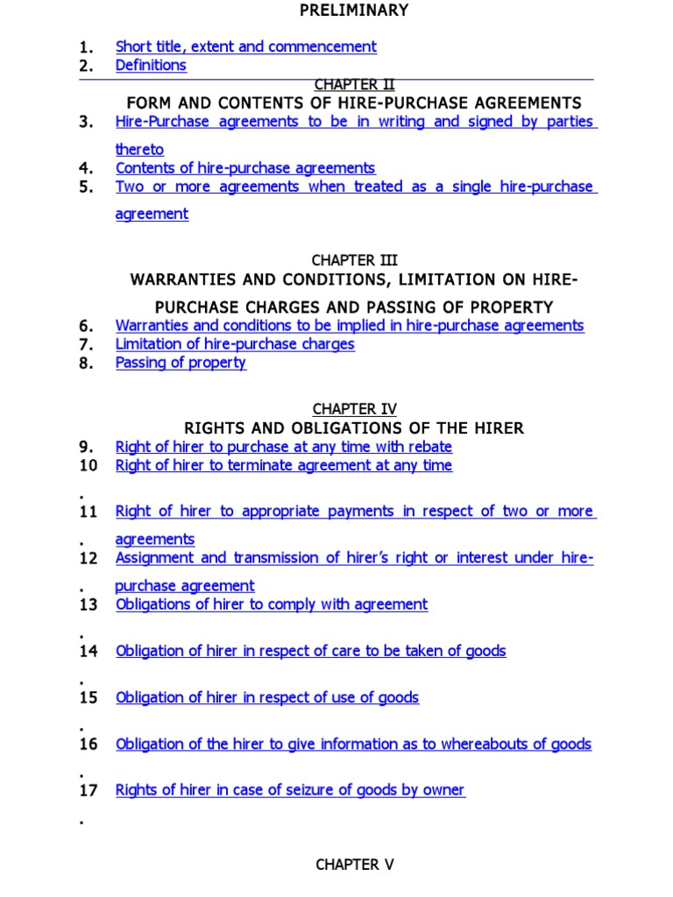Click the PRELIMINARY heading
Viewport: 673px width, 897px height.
354,11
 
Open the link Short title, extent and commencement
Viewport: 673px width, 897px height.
246,47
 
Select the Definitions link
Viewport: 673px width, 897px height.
151,66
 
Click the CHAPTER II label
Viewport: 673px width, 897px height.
354,85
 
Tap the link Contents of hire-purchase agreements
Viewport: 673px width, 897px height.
245,168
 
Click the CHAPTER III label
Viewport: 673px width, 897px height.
354,260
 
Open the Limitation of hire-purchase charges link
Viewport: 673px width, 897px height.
235,344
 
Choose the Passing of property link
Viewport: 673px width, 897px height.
181,363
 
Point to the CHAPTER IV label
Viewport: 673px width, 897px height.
354,409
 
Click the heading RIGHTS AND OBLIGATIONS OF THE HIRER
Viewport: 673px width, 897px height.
354,428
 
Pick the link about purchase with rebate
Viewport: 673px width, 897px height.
284,448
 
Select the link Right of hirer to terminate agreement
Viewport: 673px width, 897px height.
284,466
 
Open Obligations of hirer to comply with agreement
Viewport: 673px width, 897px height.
272,604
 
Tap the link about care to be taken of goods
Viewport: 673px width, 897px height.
310,651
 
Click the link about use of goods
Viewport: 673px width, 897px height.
267,697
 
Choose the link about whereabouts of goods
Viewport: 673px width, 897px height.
353,745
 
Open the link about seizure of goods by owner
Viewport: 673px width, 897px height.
290,790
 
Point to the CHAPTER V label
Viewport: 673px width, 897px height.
354,865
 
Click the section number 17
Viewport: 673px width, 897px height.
87,791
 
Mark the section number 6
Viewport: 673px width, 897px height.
85,326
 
